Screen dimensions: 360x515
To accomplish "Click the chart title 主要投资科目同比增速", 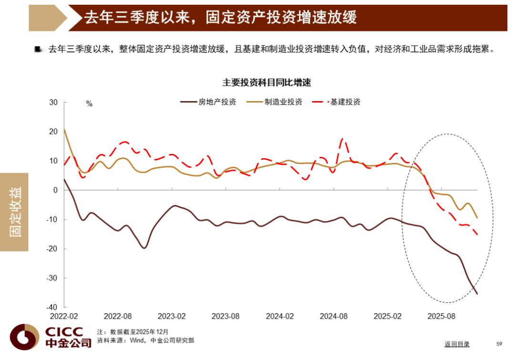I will tap(266, 82).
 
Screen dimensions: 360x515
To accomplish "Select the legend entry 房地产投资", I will tap(217, 102).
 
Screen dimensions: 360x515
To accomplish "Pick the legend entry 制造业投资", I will tap(283, 102).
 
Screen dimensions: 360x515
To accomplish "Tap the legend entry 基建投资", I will tap(345, 102).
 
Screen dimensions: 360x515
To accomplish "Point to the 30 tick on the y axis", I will tap(53, 103).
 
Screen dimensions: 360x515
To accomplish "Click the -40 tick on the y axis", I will tap(51, 307).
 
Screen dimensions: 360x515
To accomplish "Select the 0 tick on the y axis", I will tap(55, 190).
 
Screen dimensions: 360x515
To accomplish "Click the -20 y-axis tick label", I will tap(51, 249).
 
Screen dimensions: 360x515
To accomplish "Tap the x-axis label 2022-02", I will tap(64, 316).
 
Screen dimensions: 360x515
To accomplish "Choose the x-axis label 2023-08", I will tap(226, 316).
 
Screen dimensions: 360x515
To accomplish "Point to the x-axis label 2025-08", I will tap(442, 316).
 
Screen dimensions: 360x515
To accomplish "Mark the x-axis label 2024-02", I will tap(280, 316).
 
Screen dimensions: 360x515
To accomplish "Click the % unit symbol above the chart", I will tap(89, 104).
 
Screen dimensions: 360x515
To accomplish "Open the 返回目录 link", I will tap(457, 344).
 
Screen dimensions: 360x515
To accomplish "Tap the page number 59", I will tap(500, 344).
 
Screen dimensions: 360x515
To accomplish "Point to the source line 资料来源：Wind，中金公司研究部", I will tap(145, 340).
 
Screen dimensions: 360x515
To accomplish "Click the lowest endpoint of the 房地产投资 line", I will tap(477, 294).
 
